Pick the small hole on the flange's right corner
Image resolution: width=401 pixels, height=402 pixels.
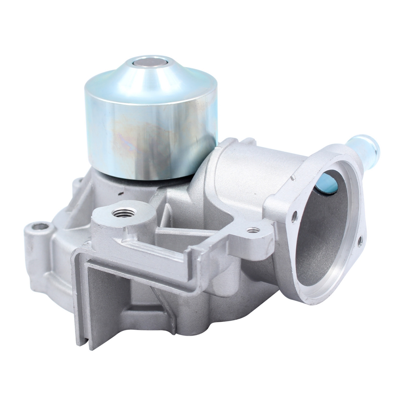tap(360, 240)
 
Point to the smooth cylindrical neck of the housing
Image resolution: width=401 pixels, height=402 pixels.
tap(248, 170)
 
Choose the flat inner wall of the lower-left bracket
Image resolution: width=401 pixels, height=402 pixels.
tap(103, 292)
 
